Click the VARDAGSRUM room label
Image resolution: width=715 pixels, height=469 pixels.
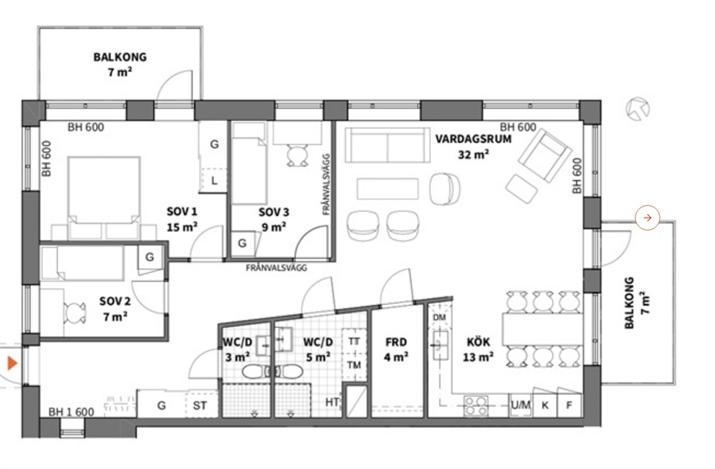(x=474, y=139)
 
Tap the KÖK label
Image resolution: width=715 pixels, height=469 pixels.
(x=479, y=341)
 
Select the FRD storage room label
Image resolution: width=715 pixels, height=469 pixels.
(x=396, y=341)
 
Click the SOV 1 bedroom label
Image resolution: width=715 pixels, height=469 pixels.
(x=182, y=212)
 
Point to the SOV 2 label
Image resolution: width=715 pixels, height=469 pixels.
(x=115, y=301)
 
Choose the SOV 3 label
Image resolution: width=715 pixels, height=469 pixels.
(x=274, y=212)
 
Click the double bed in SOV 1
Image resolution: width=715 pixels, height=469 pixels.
(x=104, y=198)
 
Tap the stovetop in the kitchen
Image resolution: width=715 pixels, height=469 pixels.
(x=476, y=406)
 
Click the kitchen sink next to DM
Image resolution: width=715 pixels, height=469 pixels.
(x=440, y=345)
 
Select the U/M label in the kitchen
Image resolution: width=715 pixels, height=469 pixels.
(x=520, y=405)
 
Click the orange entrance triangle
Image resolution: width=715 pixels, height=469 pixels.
(x=12, y=363)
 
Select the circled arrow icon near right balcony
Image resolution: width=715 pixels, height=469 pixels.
(x=647, y=218)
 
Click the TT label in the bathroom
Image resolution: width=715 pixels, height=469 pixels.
(x=354, y=341)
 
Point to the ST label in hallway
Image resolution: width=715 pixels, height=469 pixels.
(x=200, y=405)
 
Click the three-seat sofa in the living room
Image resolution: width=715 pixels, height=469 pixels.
(x=388, y=146)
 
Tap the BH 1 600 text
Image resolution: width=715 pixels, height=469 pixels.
(x=71, y=412)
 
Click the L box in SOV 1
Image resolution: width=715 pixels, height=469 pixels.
(x=214, y=181)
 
